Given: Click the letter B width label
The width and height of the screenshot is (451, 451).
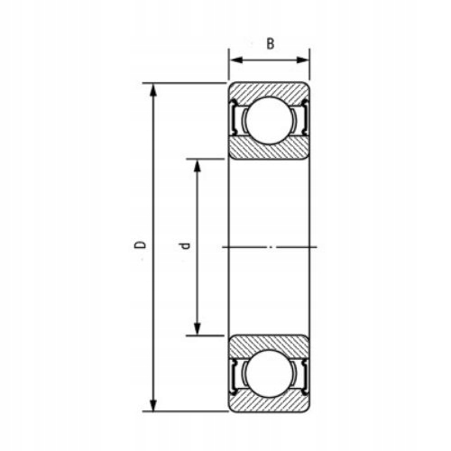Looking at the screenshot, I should [x=269, y=42].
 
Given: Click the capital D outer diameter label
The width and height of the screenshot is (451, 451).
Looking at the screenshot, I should [x=138, y=244].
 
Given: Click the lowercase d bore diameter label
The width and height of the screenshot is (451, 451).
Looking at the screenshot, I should [x=183, y=245].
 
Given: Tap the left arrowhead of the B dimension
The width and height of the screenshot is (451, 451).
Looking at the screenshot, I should [x=233, y=60].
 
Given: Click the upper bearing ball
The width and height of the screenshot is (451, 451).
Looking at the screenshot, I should [x=268, y=121].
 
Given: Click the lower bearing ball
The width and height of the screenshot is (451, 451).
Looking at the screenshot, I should [x=268, y=372].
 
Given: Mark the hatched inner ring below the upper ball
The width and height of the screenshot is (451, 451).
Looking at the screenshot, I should [x=268, y=151].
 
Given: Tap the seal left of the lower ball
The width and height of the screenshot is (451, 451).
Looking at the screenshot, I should [x=235, y=373].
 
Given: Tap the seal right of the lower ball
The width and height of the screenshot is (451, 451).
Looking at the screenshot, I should [x=302, y=373].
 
